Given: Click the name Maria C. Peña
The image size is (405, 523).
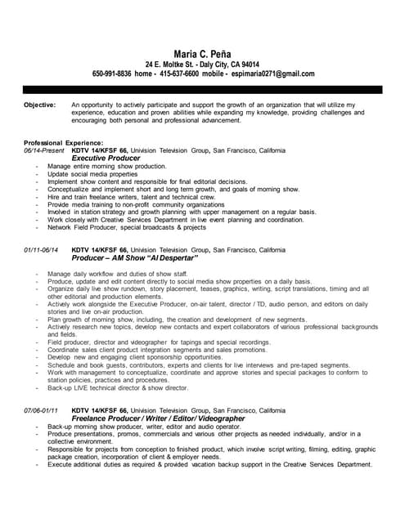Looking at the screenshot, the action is [202, 52].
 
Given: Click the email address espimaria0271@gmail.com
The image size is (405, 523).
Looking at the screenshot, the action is [272, 74].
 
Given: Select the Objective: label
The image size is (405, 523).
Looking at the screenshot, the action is [40, 105].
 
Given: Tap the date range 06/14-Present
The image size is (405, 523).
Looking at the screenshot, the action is [44, 150].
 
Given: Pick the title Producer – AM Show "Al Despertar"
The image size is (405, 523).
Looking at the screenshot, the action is [135, 257].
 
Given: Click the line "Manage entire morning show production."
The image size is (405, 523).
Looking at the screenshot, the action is [95, 166].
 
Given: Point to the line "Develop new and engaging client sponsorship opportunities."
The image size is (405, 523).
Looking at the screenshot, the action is [134, 357].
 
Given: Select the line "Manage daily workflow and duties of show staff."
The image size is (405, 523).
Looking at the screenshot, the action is [118, 273].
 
